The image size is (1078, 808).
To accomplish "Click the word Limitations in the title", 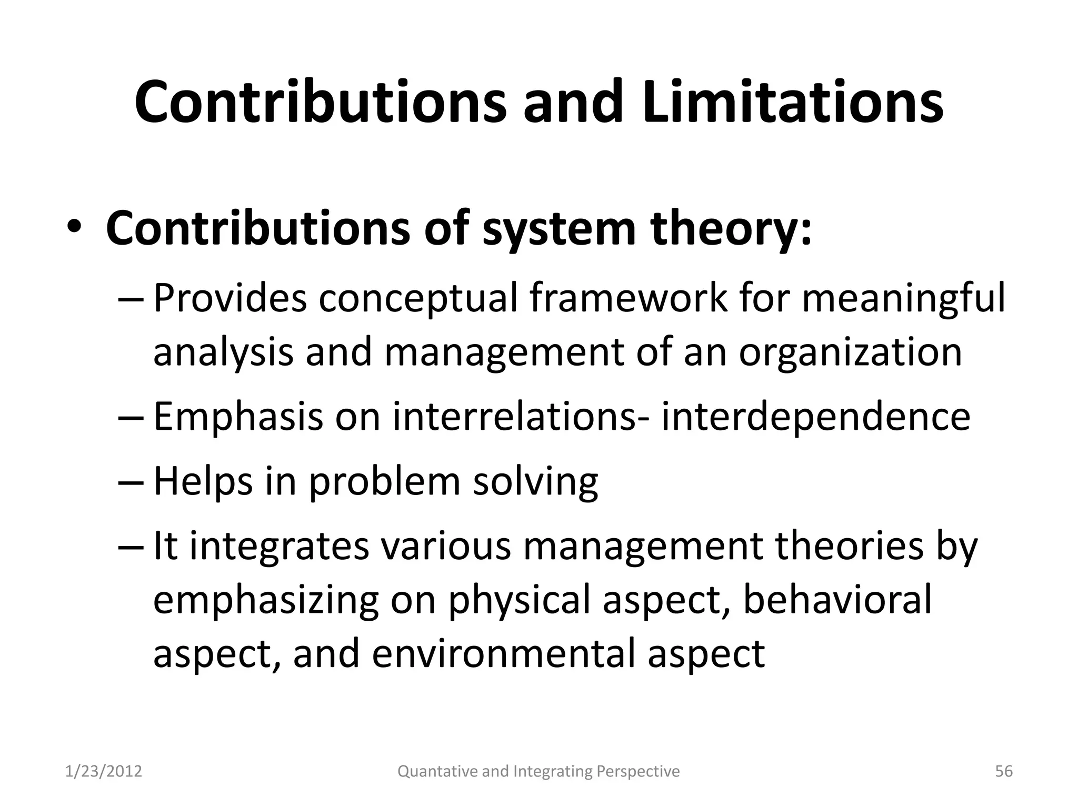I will coord(792,102).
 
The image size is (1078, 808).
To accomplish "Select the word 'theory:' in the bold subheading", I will coord(732,229).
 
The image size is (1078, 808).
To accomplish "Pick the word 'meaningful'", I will coord(903,299).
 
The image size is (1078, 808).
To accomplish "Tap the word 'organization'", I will coord(850,352).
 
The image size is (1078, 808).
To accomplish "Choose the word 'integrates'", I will coord(279,547).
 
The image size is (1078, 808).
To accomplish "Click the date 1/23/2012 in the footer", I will coord(104,771).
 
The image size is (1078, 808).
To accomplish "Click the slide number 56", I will coord(1004,771).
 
